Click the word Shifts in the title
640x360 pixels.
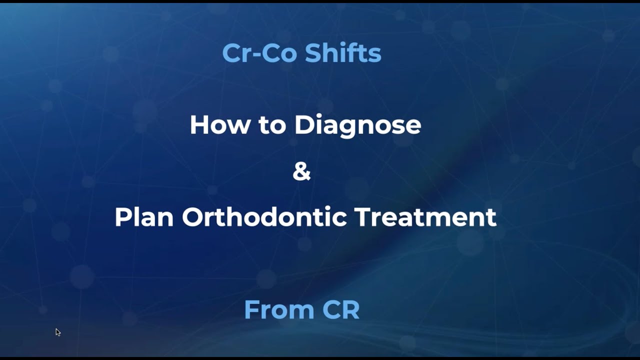point(343,53)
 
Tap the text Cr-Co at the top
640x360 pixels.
point(260,53)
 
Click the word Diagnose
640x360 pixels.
point(357,125)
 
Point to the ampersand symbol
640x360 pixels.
point(301,171)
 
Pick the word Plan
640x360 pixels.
point(144,217)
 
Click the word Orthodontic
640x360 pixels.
point(264,217)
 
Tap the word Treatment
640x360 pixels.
point(425,217)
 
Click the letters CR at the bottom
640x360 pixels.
point(341,310)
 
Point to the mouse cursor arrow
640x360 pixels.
point(57,331)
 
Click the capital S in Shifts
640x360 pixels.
point(313,53)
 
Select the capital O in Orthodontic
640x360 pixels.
point(193,217)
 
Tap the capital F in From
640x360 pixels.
point(251,310)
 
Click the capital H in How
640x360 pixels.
point(199,125)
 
